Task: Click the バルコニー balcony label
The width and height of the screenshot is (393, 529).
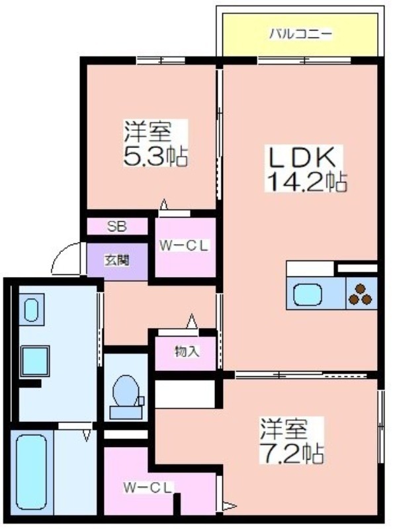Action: coord(300,34)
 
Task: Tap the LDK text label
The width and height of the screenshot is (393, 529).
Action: coord(302,157)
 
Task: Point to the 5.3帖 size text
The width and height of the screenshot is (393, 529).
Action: coord(155,157)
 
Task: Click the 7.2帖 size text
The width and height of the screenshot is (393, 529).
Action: coord(292,454)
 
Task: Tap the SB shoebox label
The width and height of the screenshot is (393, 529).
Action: coord(117,227)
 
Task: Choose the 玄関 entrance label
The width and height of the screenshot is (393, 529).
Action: coord(116,261)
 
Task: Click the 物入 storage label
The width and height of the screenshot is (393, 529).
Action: coord(187,352)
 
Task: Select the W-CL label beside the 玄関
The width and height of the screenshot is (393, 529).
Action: coord(184,246)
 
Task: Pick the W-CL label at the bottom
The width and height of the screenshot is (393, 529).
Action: coord(148,487)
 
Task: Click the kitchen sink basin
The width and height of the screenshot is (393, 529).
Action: coord(307,294)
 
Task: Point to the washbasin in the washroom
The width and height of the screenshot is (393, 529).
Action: coord(31,309)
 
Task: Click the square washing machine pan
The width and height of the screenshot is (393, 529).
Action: coord(35,361)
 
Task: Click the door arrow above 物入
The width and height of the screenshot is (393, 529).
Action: coord(192,321)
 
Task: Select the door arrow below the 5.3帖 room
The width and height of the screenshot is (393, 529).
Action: coord(164,205)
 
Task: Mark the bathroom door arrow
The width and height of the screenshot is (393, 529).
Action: coord(87,435)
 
